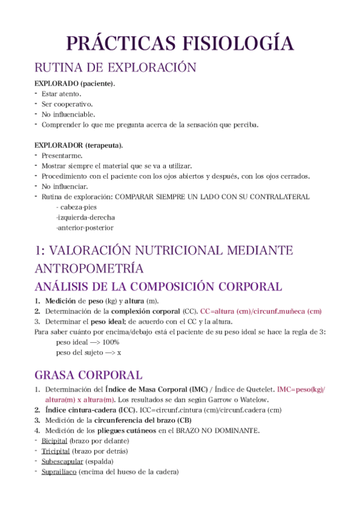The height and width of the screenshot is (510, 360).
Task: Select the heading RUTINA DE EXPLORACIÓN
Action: [x=115, y=67]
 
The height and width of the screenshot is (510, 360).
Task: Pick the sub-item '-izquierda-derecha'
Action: [x=85, y=217]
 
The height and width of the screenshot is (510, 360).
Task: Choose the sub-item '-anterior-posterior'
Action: [x=85, y=228]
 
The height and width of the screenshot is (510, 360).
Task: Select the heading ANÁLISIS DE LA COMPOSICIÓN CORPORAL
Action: [x=158, y=286]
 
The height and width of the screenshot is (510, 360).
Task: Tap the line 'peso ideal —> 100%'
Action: [x=87, y=342]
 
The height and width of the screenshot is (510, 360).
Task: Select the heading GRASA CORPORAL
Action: [x=88, y=375]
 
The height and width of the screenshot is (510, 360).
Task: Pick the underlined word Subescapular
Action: [x=62, y=461]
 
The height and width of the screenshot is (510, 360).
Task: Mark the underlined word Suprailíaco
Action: [x=59, y=472]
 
